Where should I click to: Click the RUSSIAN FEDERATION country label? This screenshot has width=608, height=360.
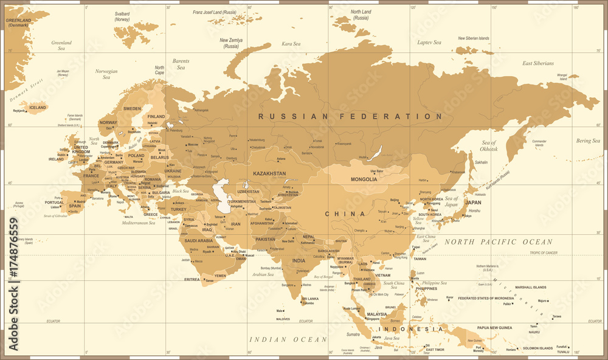(x=350, y=116)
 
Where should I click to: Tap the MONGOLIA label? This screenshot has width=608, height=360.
(x=364, y=179)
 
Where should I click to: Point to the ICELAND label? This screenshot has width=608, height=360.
(x=37, y=108)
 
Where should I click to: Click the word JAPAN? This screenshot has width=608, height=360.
(x=473, y=202)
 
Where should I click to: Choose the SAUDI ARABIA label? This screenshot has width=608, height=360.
(x=198, y=241)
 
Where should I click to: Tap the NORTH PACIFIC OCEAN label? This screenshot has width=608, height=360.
(x=498, y=242)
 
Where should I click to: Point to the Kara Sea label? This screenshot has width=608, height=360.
(x=291, y=44)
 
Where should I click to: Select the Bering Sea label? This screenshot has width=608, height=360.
(x=587, y=141)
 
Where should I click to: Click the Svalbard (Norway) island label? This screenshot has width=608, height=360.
(x=123, y=16)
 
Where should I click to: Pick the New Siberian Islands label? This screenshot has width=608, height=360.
(x=473, y=38)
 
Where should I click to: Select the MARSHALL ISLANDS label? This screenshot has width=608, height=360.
(x=532, y=287)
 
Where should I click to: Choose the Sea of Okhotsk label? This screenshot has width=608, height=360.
(x=489, y=145)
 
